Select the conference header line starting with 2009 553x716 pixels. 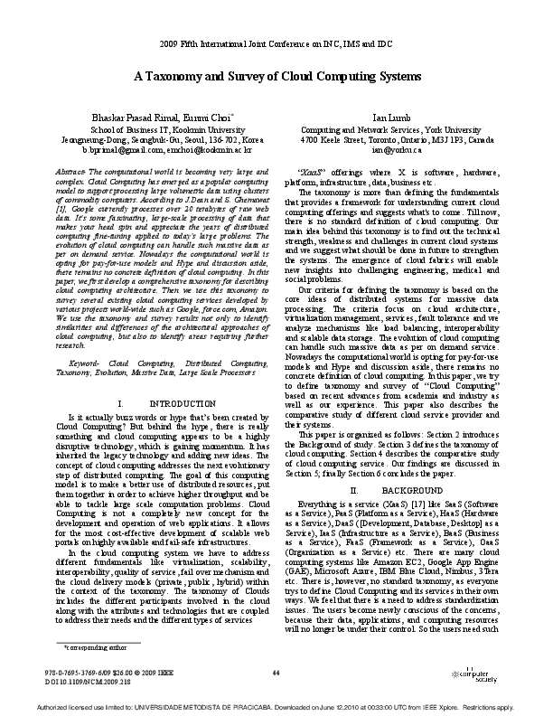[276, 44]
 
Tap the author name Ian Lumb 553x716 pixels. [398, 118]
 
